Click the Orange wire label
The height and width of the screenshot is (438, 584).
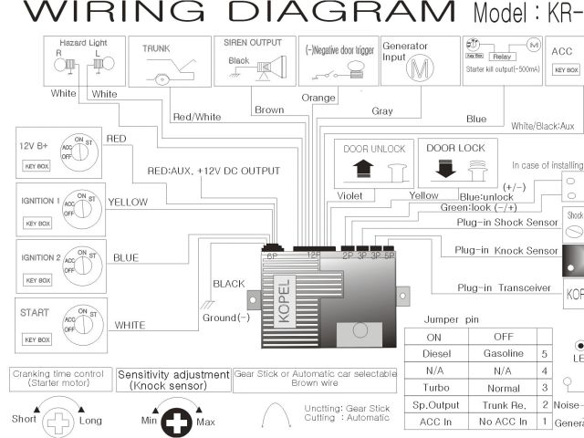pos(319,98)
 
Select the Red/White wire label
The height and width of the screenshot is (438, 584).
pos(196,116)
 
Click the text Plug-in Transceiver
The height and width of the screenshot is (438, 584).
pos(504,288)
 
